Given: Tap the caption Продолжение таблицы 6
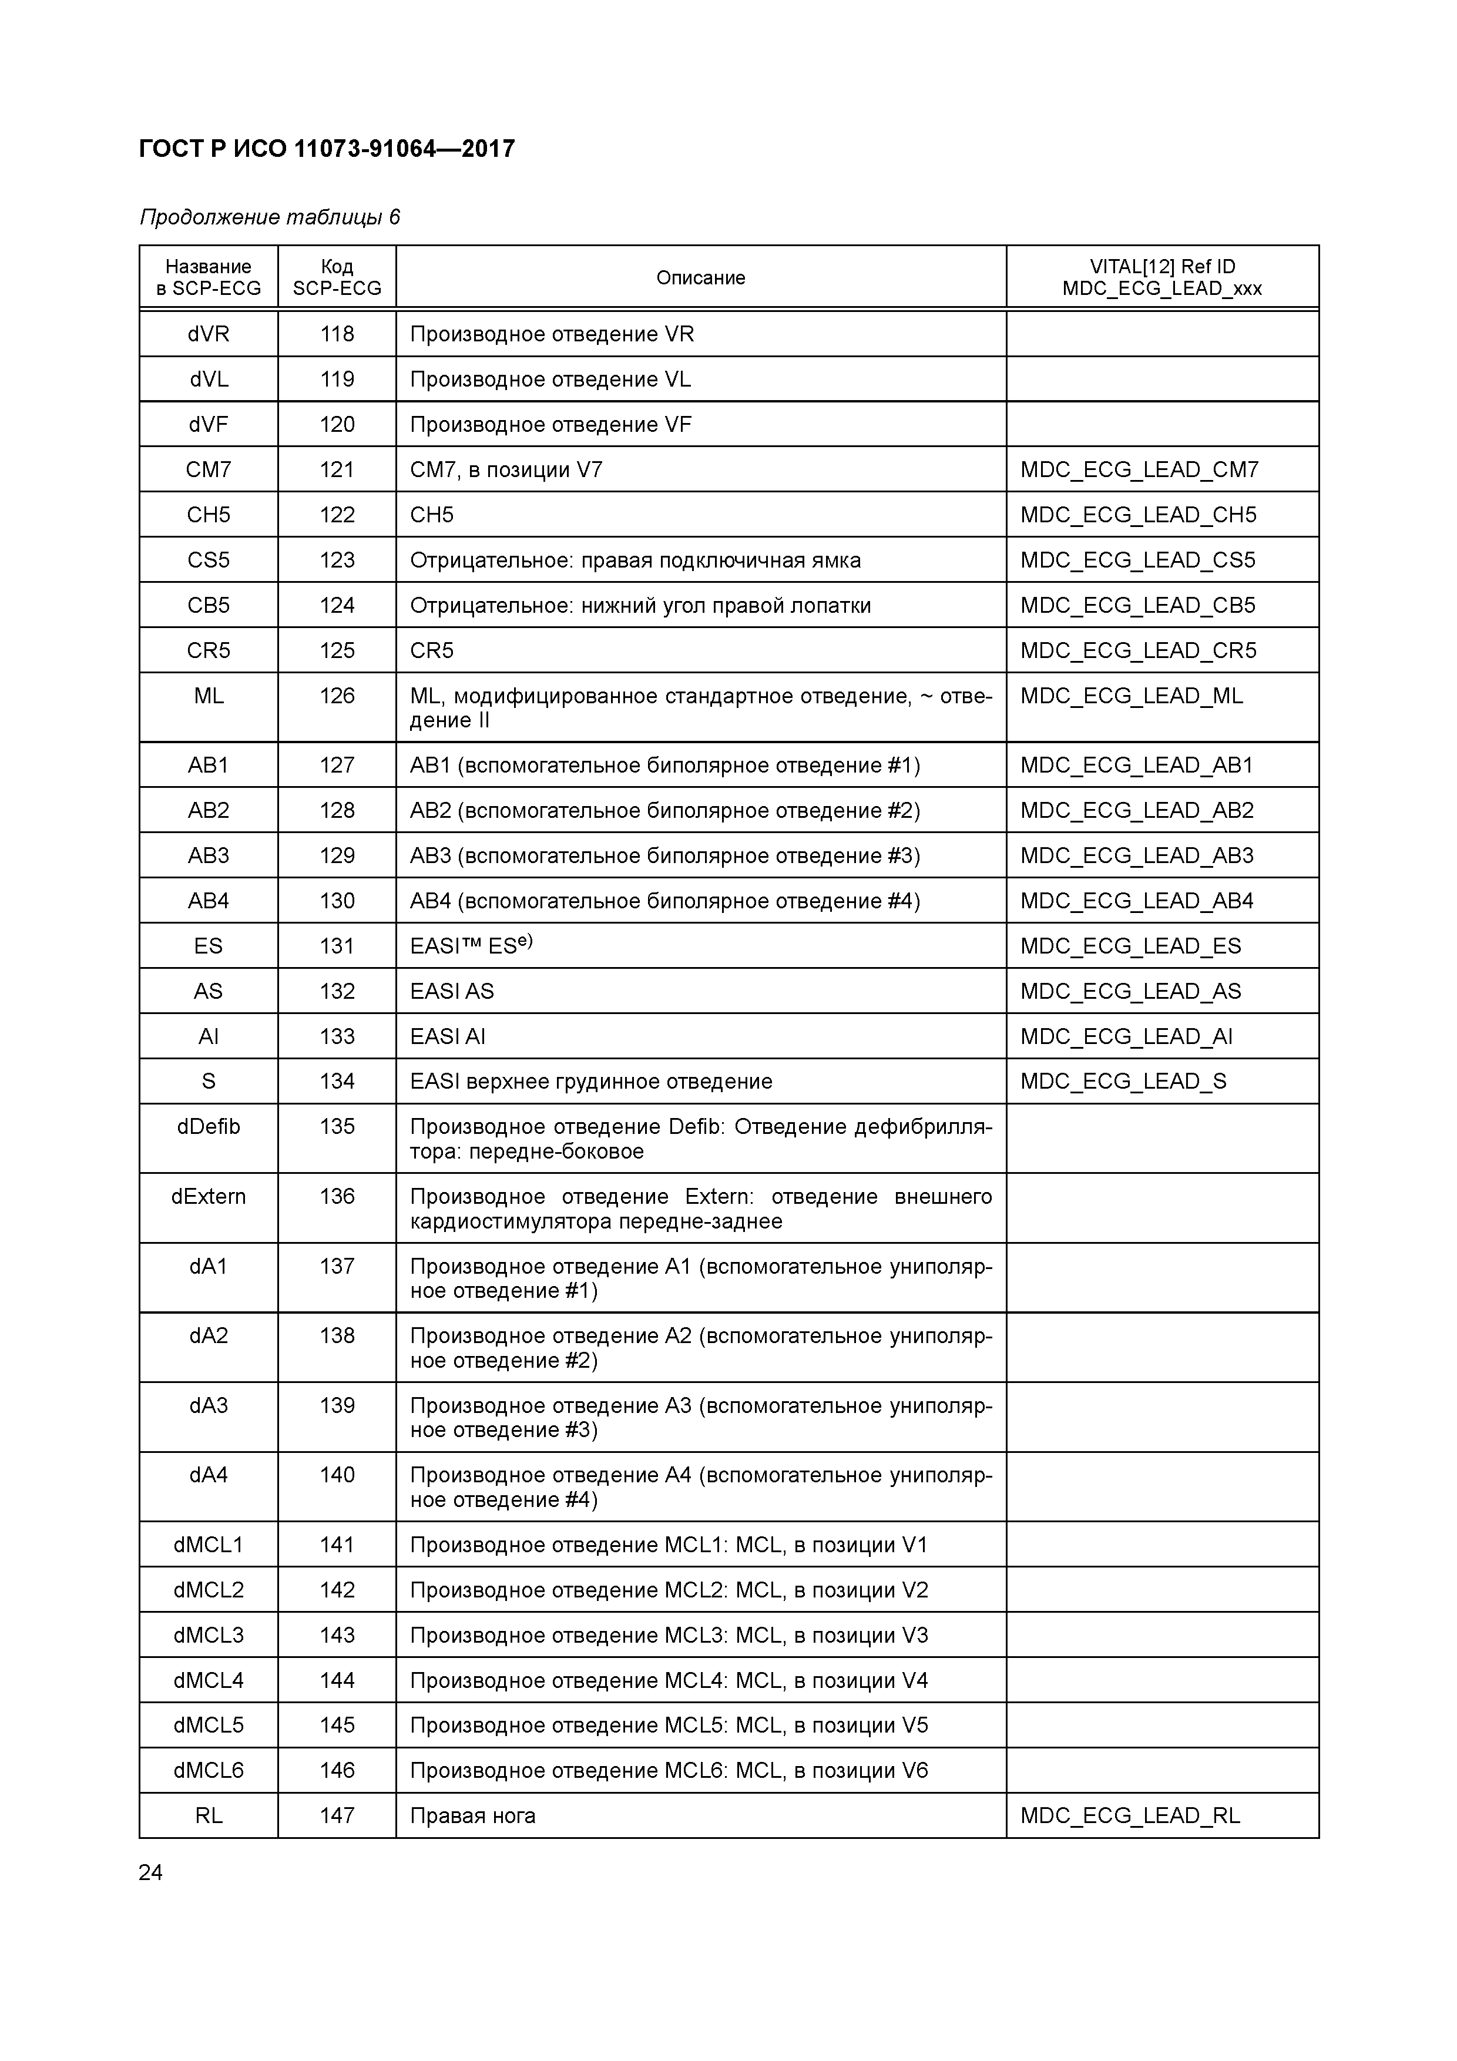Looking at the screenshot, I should coord(269,217).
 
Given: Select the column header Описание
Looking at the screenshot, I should coord(700,277).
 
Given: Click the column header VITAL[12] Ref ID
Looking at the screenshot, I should coord(1161,267).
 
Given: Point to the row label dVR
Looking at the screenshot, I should coord(209,334).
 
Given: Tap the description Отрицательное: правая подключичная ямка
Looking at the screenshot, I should coord(634,560).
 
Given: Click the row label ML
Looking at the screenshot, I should coord(209,696).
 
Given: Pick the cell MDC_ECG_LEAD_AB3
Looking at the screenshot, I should coord(1136,855).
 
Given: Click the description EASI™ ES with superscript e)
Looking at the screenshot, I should coord(471,945).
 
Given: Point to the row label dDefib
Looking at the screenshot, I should coord(209,1126).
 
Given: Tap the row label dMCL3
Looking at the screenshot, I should coord(209,1634).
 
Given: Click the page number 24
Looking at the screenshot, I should coord(151,1872).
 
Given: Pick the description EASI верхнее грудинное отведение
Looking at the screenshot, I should coord(590,1081).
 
